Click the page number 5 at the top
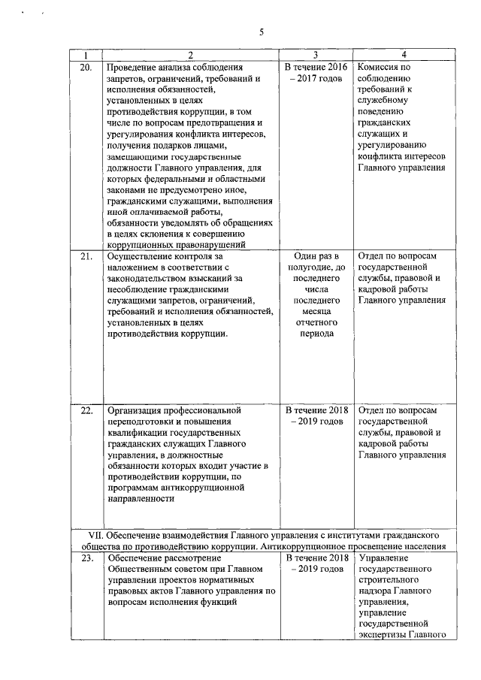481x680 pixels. tap(262, 32)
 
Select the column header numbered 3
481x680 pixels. tap(315, 56)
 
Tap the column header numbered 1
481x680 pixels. tap(86, 56)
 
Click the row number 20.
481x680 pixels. tap(86, 67)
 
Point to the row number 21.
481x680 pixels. tap(86, 256)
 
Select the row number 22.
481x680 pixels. tap(86, 410)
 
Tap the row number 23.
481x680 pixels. tap(86, 558)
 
